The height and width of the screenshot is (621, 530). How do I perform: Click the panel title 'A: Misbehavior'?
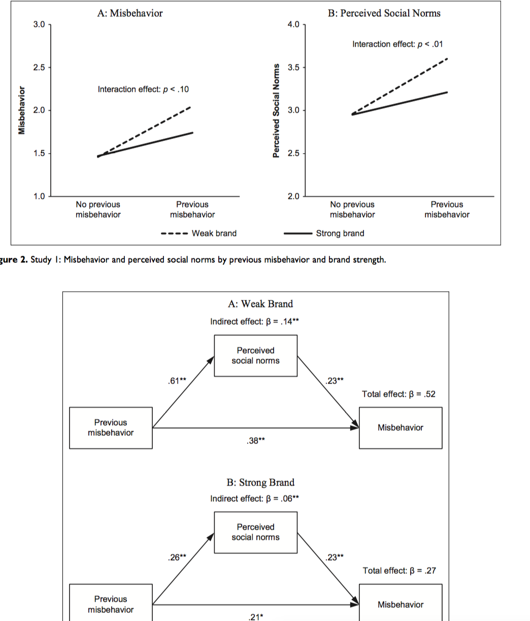[130, 13]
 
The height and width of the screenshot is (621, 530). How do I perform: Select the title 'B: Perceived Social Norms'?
[384, 13]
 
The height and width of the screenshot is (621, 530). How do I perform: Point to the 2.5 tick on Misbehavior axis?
[39, 67]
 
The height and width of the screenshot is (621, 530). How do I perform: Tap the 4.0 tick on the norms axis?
[293, 24]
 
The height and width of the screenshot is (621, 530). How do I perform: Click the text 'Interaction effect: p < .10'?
[143, 90]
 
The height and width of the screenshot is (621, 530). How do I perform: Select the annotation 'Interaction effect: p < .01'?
[397, 44]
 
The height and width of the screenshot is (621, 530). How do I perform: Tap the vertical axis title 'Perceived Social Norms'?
[277, 111]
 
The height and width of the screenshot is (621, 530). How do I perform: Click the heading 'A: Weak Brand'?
[260, 304]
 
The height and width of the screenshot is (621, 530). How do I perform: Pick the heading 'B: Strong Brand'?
[260, 482]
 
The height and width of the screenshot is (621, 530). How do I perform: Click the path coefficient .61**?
[176, 382]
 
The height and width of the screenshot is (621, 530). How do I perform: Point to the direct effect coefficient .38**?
[255, 441]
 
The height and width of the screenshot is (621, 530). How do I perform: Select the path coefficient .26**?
[176, 558]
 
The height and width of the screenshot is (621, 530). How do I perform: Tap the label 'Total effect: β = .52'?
[399, 394]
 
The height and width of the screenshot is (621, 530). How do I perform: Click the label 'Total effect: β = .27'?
[399, 571]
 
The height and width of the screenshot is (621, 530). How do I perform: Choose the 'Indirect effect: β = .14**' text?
[257, 322]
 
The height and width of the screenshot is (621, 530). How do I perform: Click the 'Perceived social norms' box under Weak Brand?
[255, 355]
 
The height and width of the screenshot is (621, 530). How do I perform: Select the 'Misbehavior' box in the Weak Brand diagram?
[400, 428]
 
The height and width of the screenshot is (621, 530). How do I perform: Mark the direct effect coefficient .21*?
[255, 617]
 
